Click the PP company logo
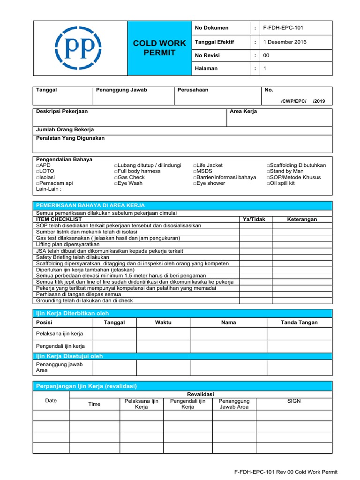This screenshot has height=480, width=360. pos(78,48)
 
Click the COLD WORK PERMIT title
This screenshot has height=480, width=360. pos(160,48)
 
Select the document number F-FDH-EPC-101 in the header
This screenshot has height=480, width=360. pos(284,28)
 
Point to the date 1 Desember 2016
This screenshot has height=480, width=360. pos(285,42)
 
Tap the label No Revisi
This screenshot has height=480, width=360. pos(207,55)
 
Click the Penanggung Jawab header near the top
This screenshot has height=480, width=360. pos(121,90)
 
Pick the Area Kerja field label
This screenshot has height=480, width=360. pos(243,112)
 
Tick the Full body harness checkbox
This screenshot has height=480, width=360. pos(116,172)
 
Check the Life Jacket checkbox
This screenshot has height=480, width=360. pos(195,165)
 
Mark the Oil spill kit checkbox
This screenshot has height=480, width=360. pos(269,184)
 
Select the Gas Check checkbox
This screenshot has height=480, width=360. pos(116,178)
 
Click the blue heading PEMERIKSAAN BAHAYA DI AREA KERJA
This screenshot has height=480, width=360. pos(90,205)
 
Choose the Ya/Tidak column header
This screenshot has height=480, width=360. pos(256,219)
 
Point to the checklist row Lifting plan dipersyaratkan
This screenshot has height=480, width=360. pos(68,245)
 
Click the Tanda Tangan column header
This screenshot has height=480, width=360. pos(299,322)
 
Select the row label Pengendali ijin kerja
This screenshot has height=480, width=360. pos(60,346)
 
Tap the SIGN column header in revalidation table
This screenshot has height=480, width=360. pos(294,401)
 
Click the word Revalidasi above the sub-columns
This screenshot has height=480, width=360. pos(201,394)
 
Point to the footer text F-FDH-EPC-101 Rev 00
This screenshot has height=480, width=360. pos(285,472)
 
